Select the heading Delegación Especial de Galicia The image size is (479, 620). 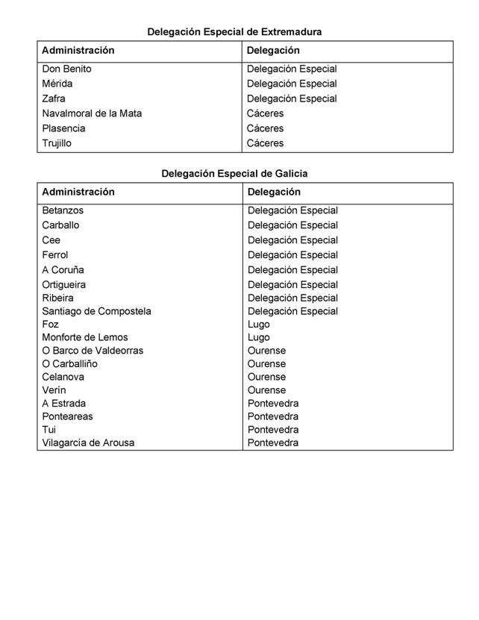tap(234, 174)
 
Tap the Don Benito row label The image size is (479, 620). tap(66, 69)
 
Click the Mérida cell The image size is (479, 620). tap(57, 84)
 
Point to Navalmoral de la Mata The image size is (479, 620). tap(92, 113)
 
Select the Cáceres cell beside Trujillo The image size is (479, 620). tap(265, 143)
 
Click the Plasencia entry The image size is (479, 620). tap(63, 128)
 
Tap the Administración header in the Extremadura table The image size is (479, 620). tap(78, 51)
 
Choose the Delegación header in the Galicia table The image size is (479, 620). tap(274, 192)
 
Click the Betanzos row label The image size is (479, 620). tap(63, 210)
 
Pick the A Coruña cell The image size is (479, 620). tap(63, 270)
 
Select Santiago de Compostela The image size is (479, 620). tap(96, 311)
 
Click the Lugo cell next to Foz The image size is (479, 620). tap(259, 325)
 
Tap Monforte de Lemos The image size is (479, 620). tap(84, 337)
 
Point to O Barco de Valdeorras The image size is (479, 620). tap(93, 351)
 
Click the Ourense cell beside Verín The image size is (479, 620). tap(266, 390)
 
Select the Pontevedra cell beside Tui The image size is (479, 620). tap(272, 430)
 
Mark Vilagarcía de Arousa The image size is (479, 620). tap(88, 443)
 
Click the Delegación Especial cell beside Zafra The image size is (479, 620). tap(292, 98)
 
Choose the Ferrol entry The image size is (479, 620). tap(54, 255)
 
